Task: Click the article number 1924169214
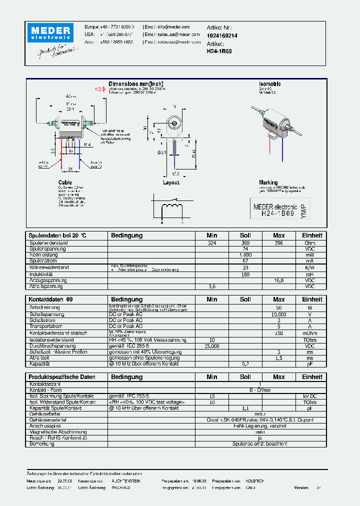tap(222, 36)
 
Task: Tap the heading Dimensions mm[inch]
tap(136, 84)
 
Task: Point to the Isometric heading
tap(270, 84)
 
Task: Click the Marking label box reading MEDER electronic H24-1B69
tap(279, 210)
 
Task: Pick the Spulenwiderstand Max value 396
tap(278, 243)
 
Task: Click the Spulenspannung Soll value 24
tap(245, 248)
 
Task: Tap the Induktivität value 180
tap(245, 274)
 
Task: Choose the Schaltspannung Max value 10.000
tap(278, 314)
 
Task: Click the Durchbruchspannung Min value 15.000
tap(212, 345)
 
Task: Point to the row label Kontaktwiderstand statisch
tap(58, 333)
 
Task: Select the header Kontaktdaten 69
tap(50, 299)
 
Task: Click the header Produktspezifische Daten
tap(62, 376)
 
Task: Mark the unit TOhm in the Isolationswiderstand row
tap(310, 339)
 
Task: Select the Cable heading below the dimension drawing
tap(65, 182)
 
